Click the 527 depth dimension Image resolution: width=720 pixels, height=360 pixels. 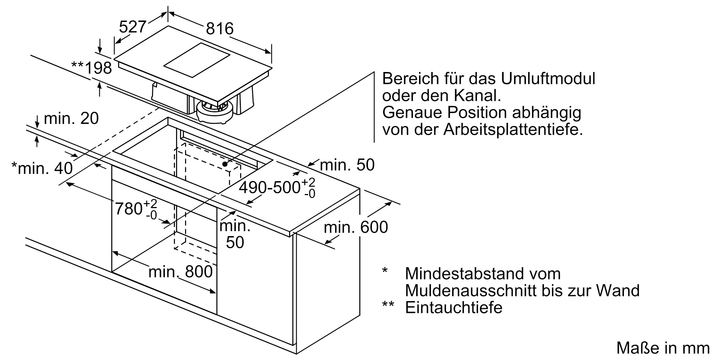[x=132, y=27]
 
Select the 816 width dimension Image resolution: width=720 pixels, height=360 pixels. [x=220, y=28]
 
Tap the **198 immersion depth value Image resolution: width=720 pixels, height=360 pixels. [x=92, y=68]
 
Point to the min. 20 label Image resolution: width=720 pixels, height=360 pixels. [x=71, y=118]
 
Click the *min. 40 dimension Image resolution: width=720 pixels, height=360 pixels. [x=42, y=168]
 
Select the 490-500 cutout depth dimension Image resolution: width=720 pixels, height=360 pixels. [x=277, y=188]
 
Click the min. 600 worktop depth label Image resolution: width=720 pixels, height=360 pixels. [x=356, y=227]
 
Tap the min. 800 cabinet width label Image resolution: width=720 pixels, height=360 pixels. [x=180, y=272]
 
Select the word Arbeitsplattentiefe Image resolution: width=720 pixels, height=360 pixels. [x=513, y=129]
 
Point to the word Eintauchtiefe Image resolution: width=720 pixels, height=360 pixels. [x=454, y=307]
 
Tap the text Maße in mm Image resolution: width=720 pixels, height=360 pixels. [x=663, y=348]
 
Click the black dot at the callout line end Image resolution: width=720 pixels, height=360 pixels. [x=225, y=164]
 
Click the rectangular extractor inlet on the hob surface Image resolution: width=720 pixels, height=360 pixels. [x=197, y=60]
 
